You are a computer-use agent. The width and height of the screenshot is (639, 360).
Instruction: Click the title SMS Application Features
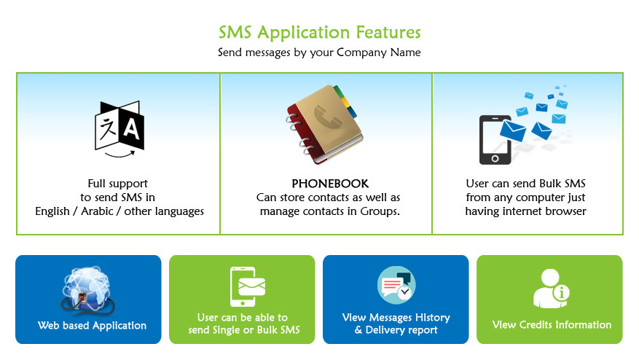[319, 33]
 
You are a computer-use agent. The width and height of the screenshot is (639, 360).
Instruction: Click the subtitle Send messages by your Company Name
[319, 52]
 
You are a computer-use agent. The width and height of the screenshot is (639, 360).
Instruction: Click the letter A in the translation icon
[131, 129]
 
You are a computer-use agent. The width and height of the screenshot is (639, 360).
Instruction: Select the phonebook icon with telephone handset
[324, 125]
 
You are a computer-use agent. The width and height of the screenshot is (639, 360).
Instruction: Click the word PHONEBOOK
[330, 184]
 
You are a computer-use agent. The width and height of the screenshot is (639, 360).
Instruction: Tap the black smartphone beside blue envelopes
[495, 140]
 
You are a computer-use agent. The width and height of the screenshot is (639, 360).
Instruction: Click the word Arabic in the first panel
[97, 211]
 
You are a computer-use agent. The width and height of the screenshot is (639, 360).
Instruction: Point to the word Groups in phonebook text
[380, 211]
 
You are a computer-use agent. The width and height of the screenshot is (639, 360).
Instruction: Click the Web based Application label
[92, 325]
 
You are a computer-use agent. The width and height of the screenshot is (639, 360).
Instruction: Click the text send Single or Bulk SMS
[244, 330]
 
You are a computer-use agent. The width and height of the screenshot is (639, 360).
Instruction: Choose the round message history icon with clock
[396, 285]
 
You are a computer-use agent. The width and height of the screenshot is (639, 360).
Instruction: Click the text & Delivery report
[396, 330]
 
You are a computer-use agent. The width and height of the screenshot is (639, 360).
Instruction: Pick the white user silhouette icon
[548, 289]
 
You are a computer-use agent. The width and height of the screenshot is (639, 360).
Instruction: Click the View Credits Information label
[552, 325]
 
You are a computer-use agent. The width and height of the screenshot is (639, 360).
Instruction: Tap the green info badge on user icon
[561, 292]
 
